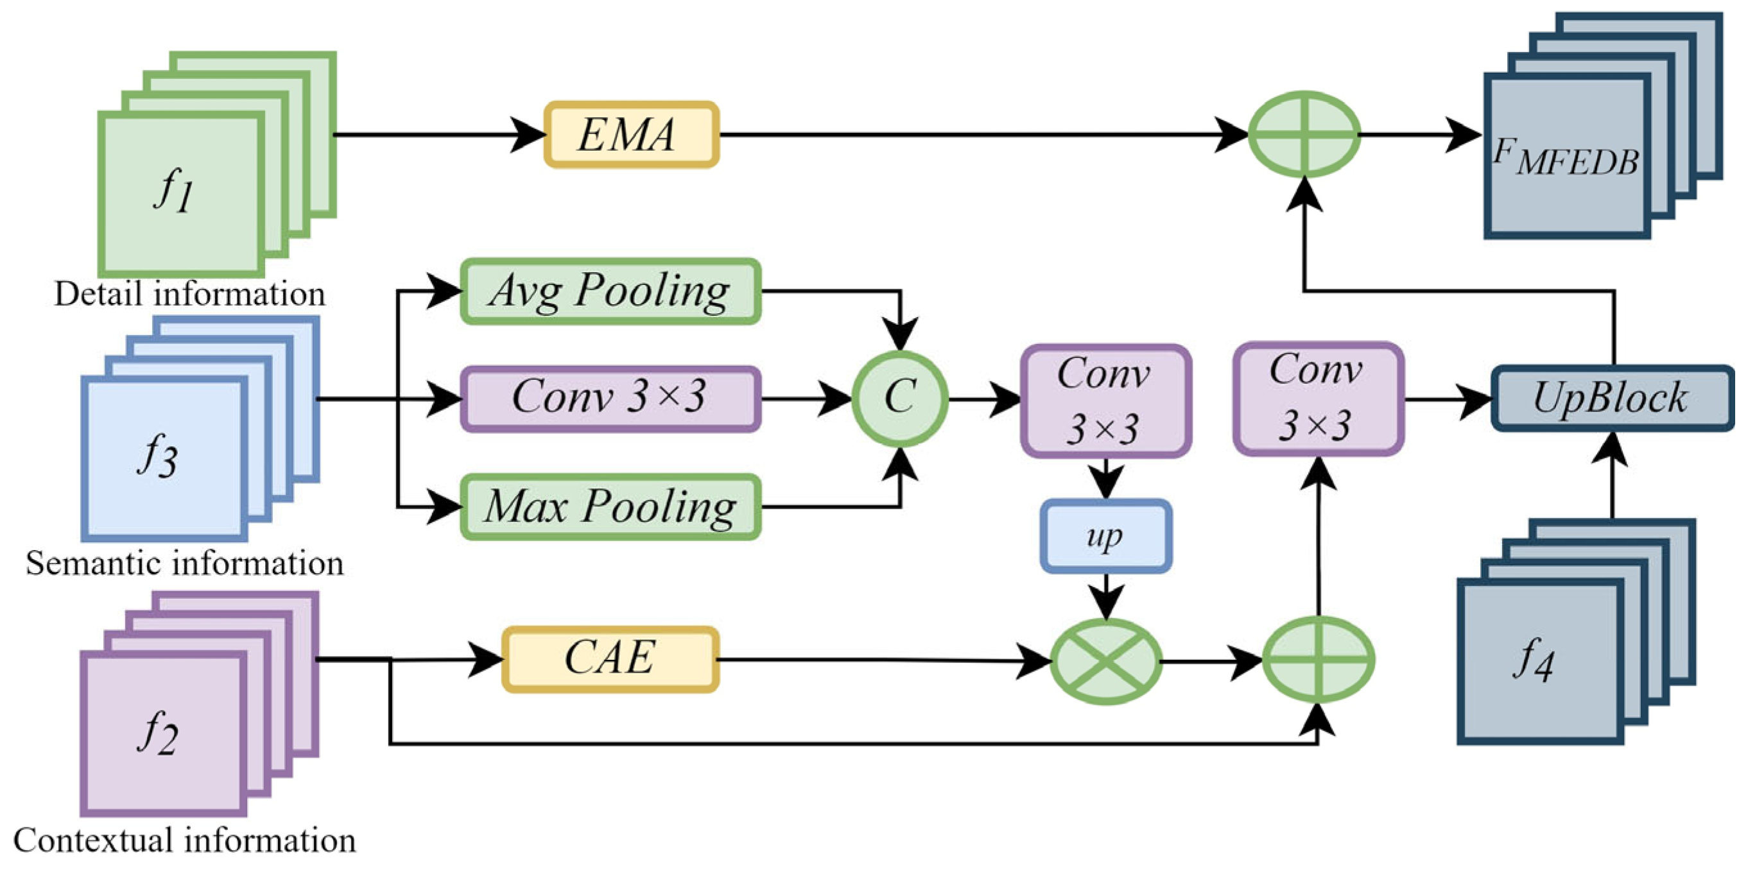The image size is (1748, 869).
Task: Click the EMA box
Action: coord(631,134)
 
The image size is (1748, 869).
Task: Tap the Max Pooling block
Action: coord(610,507)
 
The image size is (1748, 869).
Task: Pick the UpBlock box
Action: coord(1612,398)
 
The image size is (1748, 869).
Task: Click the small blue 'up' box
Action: coord(1105,537)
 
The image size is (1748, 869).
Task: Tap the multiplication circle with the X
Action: coord(1106,662)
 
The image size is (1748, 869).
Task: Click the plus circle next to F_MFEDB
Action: coord(1304,134)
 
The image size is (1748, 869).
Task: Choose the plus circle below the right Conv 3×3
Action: coord(1319,660)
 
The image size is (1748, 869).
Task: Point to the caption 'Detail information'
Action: coord(190,294)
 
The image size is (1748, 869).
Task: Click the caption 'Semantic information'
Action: coord(185,563)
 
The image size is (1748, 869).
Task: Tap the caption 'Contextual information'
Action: coord(185,841)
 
